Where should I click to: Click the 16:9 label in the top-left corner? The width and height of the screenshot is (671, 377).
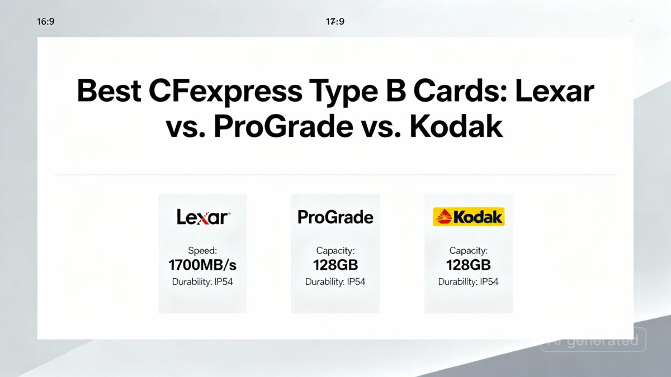tap(45, 22)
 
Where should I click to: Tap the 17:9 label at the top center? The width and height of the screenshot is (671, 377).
tap(335, 22)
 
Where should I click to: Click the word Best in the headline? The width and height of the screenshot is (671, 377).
tap(108, 91)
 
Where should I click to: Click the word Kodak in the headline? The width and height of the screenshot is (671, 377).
tap(456, 128)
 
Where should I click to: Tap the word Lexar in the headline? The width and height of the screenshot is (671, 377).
tap(554, 91)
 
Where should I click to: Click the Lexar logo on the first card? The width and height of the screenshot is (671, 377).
tap(203, 217)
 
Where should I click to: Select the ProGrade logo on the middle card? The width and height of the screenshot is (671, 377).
tap(335, 217)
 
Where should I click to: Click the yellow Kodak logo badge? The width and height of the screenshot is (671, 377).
tap(469, 217)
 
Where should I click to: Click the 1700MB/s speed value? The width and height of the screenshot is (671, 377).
tap(202, 264)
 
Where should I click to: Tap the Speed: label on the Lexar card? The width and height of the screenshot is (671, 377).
tap(202, 251)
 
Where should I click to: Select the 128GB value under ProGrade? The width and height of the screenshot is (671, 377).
tap(335, 264)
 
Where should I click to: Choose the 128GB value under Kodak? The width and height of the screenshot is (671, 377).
tap(468, 264)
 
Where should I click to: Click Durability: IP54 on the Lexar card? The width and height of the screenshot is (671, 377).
tap(202, 281)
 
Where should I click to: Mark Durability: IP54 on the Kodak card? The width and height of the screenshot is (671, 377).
tap(468, 281)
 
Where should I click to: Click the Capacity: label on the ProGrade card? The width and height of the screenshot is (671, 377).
tap(335, 251)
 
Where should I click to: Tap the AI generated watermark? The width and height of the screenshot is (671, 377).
tap(593, 340)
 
